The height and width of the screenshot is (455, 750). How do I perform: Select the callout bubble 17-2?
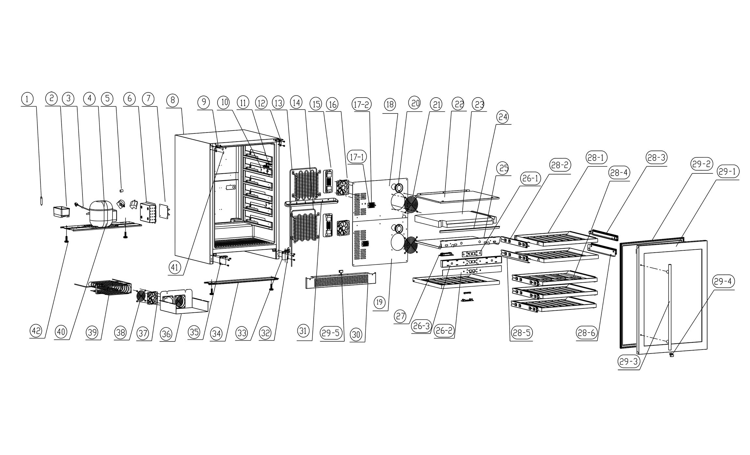click(362, 104)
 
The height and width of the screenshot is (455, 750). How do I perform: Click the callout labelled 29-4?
click(723, 282)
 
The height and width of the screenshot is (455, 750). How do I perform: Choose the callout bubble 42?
click(36, 331)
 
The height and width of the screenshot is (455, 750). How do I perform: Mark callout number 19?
click(379, 302)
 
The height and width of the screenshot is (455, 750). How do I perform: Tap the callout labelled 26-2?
click(444, 330)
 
